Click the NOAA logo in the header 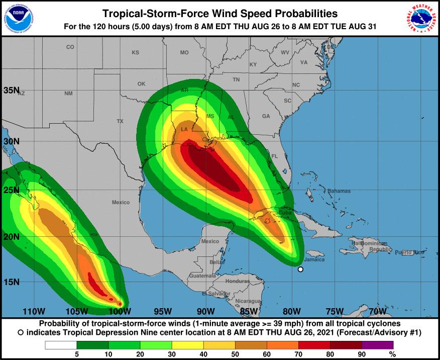click(x=18, y=18)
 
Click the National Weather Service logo click(x=421, y=18)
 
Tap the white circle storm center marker click(x=300, y=269)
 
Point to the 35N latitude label click(x=12, y=91)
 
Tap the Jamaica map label click(x=315, y=260)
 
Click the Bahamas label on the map click(x=339, y=191)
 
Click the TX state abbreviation click(x=120, y=121)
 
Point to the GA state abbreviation click(x=266, y=116)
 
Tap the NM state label click(x=68, y=94)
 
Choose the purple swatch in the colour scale click(x=378, y=345)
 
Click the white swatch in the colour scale click(x=61, y=345)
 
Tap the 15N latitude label click(x=12, y=282)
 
